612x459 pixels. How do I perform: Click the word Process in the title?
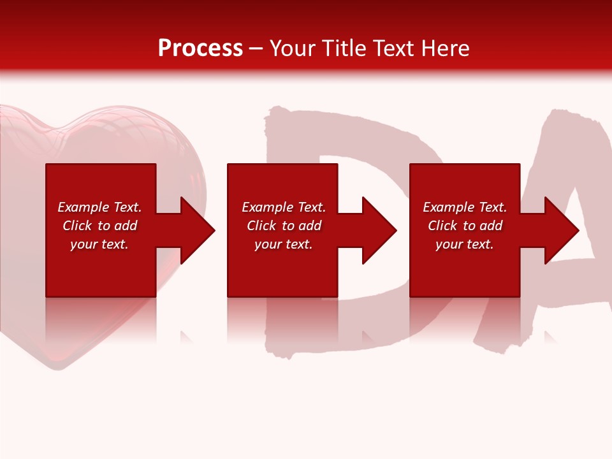pyautogui.click(x=200, y=48)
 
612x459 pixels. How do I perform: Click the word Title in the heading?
pyautogui.click(x=344, y=48)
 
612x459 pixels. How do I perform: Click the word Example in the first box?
pyautogui.click(x=84, y=207)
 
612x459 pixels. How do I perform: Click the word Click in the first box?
pyautogui.click(x=77, y=226)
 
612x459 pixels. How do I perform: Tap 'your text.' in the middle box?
pyautogui.click(x=283, y=244)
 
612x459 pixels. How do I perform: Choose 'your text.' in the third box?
pyautogui.click(x=464, y=244)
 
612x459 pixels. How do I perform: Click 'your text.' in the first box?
pyautogui.click(x=99, y=244)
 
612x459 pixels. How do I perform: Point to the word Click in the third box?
pyautogui.click(x=442, y=226)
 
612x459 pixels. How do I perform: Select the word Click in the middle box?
pyautogui.click(x=261, y=226)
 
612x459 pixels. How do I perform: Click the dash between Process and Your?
pyautogui.click(x=256, y=49)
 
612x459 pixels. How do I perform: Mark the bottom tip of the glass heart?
pyautogui.click(x=54, y=368)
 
